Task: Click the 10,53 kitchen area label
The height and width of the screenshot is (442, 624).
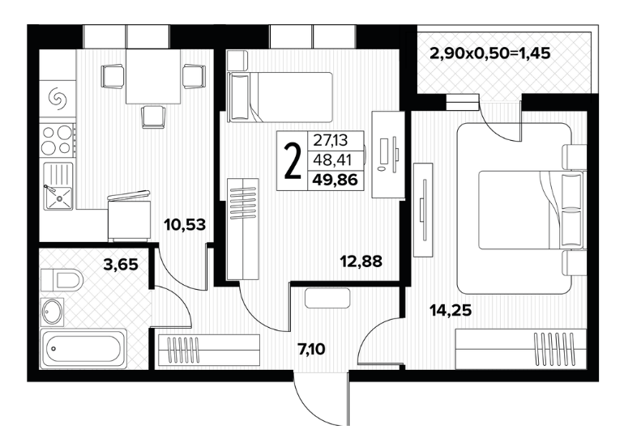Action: click(x=185, y=225)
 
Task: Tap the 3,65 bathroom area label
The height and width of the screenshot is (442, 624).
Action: click(x=121, y=265)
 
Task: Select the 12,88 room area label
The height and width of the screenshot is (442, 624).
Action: click(x=361, y=261)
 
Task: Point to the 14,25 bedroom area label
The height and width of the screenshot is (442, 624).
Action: click(x=451, y=309)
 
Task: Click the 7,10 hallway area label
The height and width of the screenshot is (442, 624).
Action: click(x=311, y=350)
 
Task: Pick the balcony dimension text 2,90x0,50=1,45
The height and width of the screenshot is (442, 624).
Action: click(x=490, y=53)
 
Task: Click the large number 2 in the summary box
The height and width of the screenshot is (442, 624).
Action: click(x=293, y=160)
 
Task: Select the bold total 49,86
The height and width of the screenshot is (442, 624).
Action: click(x=335, y=180)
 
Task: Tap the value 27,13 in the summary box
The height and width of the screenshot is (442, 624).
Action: click(x=331, y=140)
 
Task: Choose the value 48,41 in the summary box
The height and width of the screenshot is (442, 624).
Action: click(x=332, y=160)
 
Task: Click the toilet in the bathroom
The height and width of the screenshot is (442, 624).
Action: click(x=62, y=280)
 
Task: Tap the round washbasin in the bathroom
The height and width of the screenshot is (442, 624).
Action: click(x=52, y=312)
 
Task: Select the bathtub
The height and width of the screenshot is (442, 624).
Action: click(x=83, y=349)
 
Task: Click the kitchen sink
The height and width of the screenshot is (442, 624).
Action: click(x=58, y=186)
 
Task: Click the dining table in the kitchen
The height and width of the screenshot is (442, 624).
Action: click(x=154, y=76)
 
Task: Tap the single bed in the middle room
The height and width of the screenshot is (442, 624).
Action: click(x=280, y=97)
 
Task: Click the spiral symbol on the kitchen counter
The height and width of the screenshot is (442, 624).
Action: click(x=57, y=98)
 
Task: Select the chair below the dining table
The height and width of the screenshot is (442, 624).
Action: click(x=153, y=117)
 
